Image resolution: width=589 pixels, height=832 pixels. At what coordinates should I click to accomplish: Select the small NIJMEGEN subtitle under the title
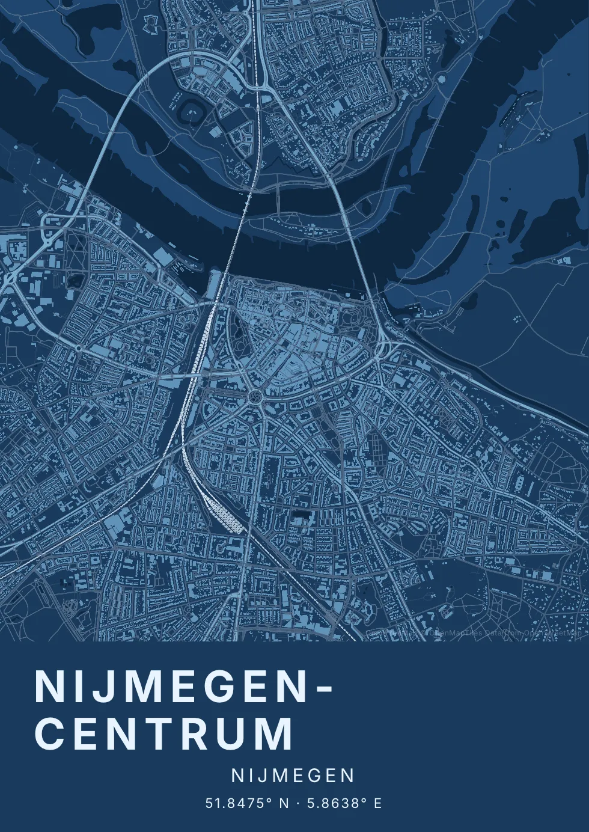click(x=293, y=775)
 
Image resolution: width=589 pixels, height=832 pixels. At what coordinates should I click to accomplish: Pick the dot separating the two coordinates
click(x=298, y=803)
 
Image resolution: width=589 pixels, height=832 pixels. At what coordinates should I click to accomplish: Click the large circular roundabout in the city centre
click(x=255, y=397)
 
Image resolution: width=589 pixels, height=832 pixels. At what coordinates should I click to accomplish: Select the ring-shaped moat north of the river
click(x=193, y=110)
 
